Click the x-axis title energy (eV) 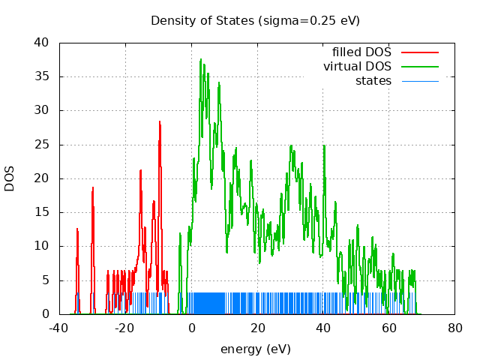click(x=255, y=349)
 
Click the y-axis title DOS click(x=10, y=178)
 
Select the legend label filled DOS click(x=361, y=52)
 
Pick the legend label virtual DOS click(x=357, y=67)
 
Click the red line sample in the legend click(x=419, y=52)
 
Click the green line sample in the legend click(x=419, y=67)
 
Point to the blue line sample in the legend click(x=419, y=80)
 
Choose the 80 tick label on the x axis click(x=455, y=328)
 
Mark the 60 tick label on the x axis click(x=389, y=328)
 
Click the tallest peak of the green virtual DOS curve click(x=200, y=59)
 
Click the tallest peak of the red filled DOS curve click(x=160, y=121)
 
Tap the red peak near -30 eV click(x=93, y=188)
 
